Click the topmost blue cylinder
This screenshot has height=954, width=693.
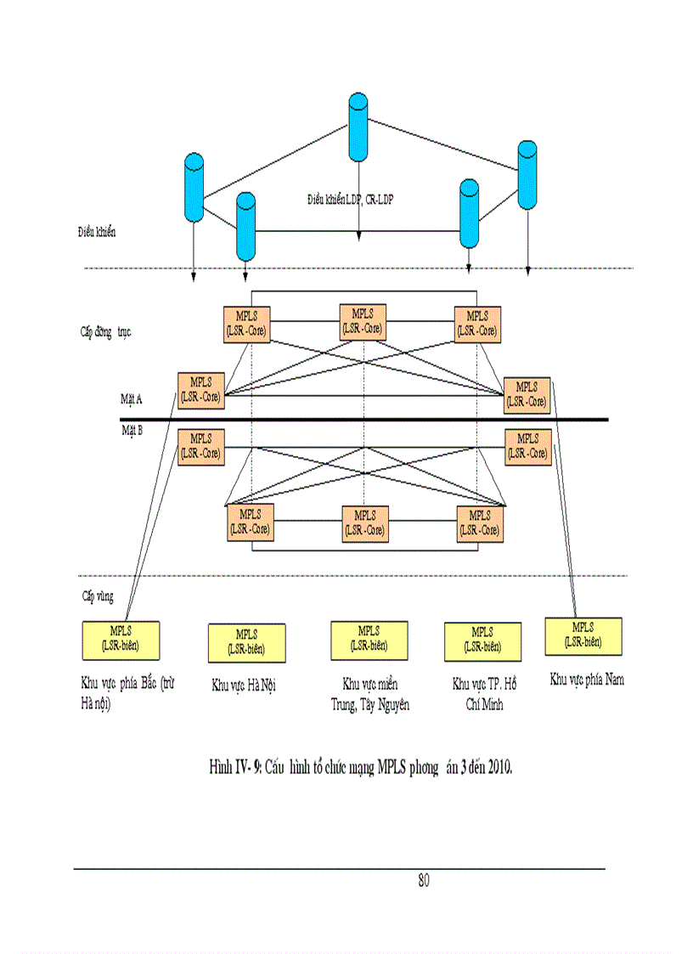point(358,127)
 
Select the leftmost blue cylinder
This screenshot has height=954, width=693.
point(194,188)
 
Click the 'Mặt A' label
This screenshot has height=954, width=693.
point(132,398)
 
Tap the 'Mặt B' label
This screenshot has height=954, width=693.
point(132,431)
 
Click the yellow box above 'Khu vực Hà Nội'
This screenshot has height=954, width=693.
point(246,643)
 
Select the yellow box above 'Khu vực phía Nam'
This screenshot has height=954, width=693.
point(583,636)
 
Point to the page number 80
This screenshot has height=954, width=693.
point(424,881)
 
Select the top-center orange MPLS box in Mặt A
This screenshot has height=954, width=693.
point(362,322)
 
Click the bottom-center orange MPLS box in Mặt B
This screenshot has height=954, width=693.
point(365,523)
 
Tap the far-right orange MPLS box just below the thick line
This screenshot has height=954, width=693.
point(527,447)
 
